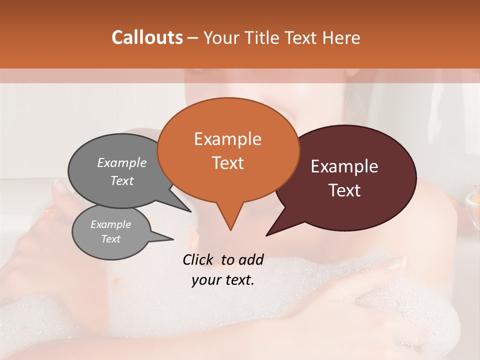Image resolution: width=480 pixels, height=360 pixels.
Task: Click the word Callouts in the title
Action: pyautogui.click(x=147, y=37)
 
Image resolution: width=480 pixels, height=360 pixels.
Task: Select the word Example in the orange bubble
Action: pyautogui.click(x=227, y=139)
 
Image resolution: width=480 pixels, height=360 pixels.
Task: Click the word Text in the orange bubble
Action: pyautogui.click(x=227, y=162)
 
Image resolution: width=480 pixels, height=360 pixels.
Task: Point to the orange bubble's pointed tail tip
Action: pyautogui.click(x=230, y=229)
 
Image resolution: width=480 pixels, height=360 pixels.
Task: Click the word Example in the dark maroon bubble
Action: pyautogui.click(x=344, y=166)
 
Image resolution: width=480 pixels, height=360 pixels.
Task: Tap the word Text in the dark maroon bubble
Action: pyautogui.click(x=345, y=190)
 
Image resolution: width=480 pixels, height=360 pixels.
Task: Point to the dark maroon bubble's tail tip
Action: pyautogui.click(x=266, y=235)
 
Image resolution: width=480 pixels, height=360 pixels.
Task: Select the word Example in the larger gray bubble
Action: pyautogui.click(x=122, y=162)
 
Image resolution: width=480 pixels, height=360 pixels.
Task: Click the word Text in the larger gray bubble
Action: pyautogui.click(x=122, y=180)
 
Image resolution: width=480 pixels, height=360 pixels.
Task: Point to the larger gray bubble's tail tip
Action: pyautogui.click(x=190, y=211)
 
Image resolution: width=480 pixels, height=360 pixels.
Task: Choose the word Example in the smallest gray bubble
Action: pyautogui.click(x=111, y=224)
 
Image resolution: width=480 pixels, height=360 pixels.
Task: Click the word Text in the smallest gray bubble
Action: pyautogui.click(x=111, y=239)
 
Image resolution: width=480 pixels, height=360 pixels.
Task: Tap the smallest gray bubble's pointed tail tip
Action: pyautogui.click(x=173, y=239)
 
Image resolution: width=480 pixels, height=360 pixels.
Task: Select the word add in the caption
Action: pyautogui.click(x=251, y=259)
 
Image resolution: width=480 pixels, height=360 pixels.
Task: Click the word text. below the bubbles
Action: pyautogui.click(x=238, y=280)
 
